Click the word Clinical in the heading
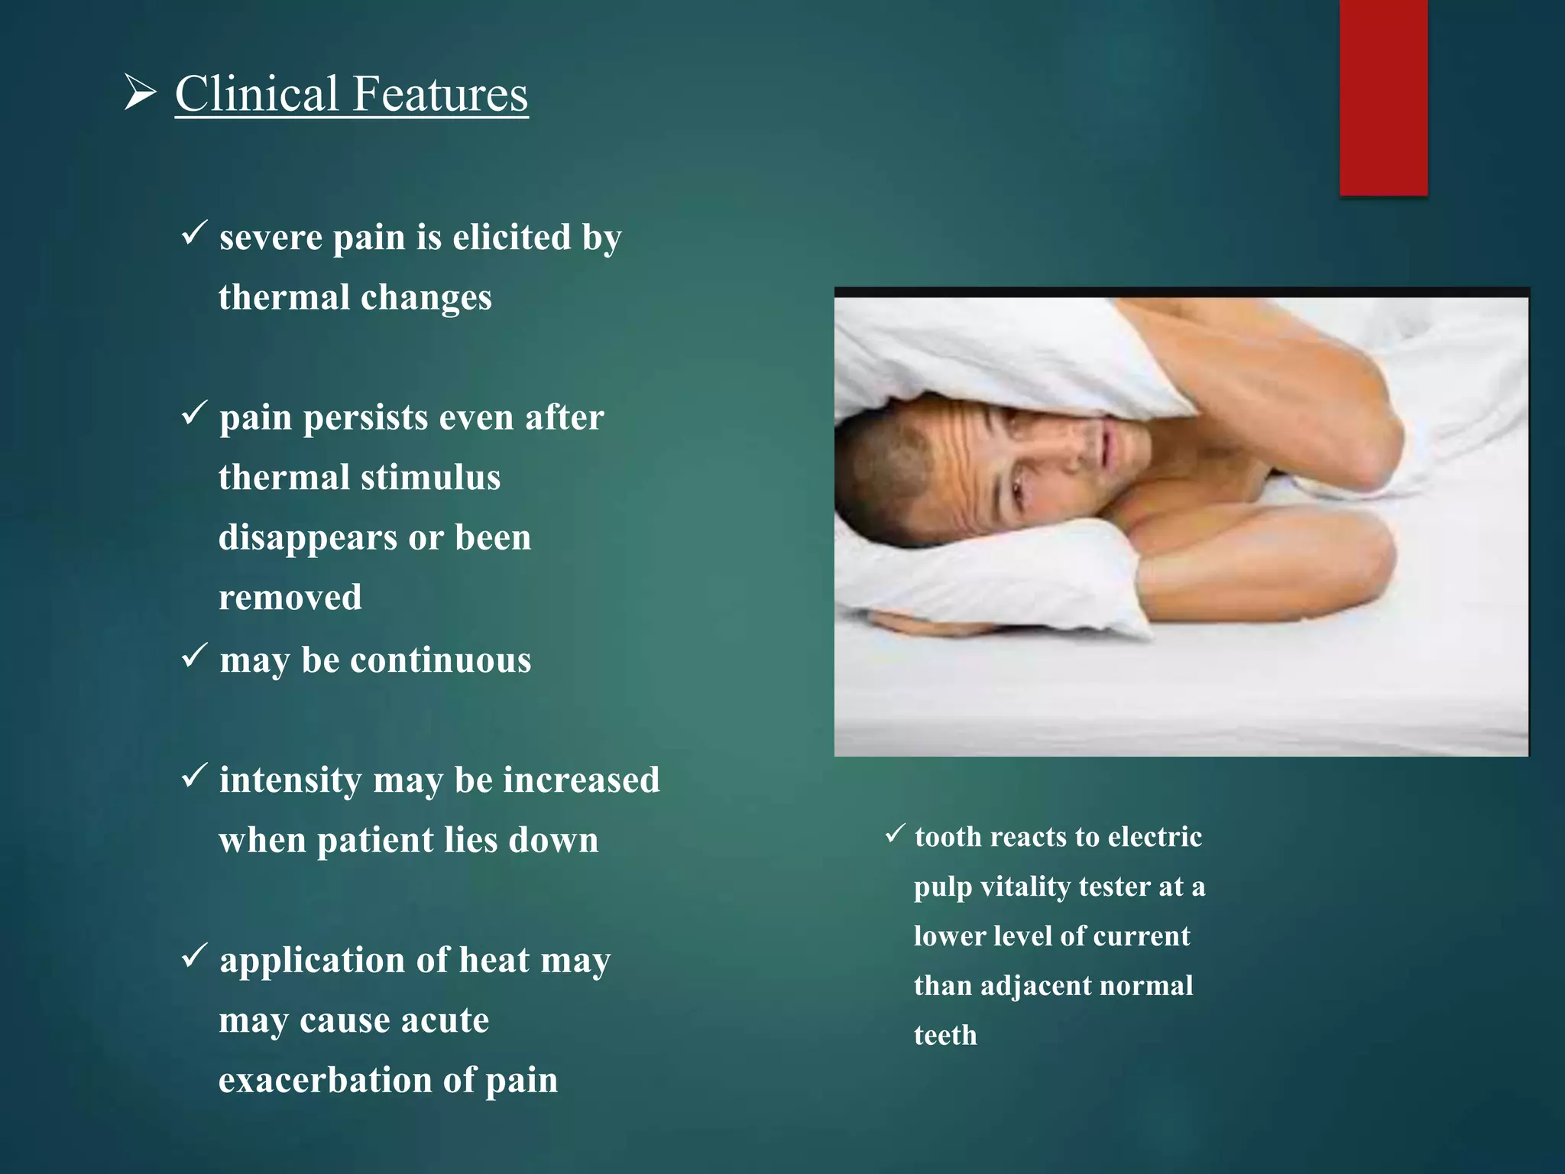[x=257, y=94]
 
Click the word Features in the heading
[x=440, y=94]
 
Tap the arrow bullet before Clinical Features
[x=140, y=94]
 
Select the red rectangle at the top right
[x=1383, y=98]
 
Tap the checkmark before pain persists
[x=194, y=413]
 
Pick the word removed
[x=290, y=598]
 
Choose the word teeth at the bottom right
[x=945, y=1036]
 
